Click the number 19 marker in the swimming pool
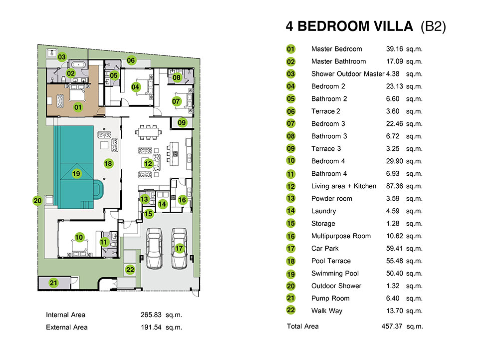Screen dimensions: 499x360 [x=76, y=174]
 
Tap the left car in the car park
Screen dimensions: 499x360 [x=154, y=248]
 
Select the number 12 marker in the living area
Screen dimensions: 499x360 [x=148, y=164]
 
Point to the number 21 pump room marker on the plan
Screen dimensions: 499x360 [x=53, y=283]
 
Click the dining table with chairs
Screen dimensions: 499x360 [x=148, y=132]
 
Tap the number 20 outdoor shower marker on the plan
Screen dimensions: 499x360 [x=37, y=201]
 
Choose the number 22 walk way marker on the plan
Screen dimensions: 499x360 [x=130, y=270]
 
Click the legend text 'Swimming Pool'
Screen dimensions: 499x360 [x=335, y=274]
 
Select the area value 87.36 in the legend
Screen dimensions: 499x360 [x=395, y=186]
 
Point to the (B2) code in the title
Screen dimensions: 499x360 [x=433, y=26]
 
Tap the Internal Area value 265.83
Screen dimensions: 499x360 [x=151, y=315]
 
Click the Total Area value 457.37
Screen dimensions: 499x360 [x=392, y=326]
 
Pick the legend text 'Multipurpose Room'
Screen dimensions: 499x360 [x=341, y=236]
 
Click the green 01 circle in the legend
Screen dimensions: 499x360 [x=291, y=49]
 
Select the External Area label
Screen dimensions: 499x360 [x=66, y=327]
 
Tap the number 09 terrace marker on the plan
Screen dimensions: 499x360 [x=182, y=122]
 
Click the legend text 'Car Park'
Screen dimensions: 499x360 [x=325, y=249]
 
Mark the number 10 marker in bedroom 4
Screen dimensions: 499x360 [x=79, y=237]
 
